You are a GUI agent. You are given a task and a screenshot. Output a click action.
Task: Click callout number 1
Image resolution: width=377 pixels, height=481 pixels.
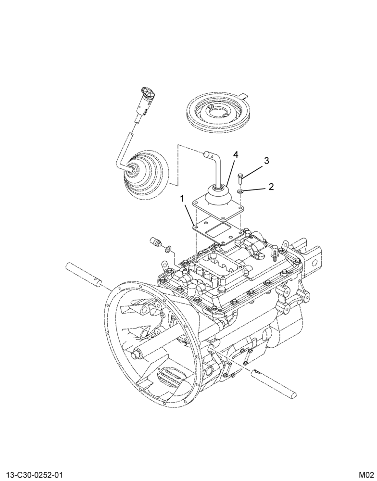coord(183,199)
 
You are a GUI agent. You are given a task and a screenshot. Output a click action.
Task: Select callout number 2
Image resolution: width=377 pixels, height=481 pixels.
coord(271,187)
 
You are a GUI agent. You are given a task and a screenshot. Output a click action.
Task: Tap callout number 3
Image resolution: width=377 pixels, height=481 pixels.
coord(266,161)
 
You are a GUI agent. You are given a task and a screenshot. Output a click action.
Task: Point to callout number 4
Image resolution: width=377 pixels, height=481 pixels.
coord(236,155)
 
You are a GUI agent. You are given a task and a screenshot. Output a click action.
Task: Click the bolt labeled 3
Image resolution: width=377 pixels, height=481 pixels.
coord(240,178)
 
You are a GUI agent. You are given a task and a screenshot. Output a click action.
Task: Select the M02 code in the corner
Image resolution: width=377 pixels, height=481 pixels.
coord(366,475)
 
